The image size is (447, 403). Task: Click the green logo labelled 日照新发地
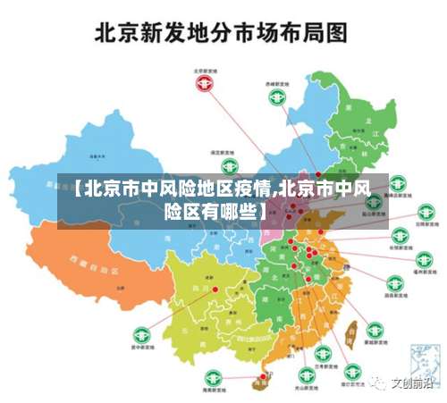394,204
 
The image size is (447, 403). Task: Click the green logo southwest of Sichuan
139,332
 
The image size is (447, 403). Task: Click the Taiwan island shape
351,332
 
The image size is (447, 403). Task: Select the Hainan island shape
263,381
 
